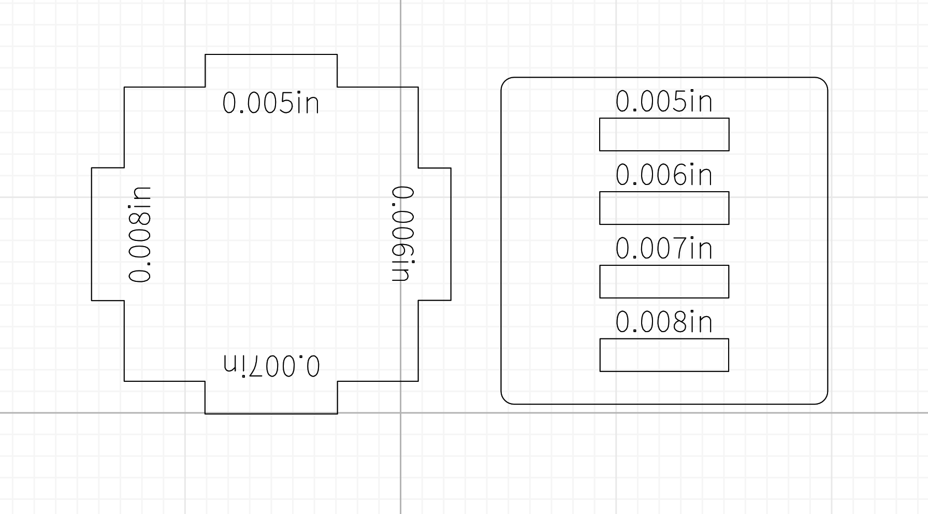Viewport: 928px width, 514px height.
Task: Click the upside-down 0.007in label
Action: pyautogui.click(x=271, y=365)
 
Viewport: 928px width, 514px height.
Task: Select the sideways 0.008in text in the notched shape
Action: pyautogui.click(x=140, y=234)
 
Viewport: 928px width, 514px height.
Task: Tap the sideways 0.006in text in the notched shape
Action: pyautogui.click(x=403, y=234)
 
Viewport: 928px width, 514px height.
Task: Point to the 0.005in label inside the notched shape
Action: pyautogui.click(x=271, y=103)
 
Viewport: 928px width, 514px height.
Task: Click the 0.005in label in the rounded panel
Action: pyautogui.click(x=664, y=102)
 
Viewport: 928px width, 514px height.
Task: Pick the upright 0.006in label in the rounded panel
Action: pyautogui.click(x=664, y=175)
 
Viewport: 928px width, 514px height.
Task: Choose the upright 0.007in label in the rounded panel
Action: pyautogui.click(x=664, y=249)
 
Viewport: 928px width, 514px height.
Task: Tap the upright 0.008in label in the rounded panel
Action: pyautogui.click(x=664, y=322)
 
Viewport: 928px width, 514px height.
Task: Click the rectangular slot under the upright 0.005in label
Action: pyautogui.click(x=664, y=135)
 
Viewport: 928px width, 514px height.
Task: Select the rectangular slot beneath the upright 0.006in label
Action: pyautogui.click(x=664, y=208)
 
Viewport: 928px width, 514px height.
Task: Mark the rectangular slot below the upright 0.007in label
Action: pyautogui.click(x=664, y=282)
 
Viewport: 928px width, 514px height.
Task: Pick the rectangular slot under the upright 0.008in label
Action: pyautogui.click(x=664, y=355)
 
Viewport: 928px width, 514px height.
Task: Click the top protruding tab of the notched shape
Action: pyautogui.click(x=271, y=70)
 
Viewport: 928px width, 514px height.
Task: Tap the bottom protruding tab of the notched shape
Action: pyautogui.click(x=271, y=397)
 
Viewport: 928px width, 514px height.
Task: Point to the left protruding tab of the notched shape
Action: pyautogui.click(x=108, y=234)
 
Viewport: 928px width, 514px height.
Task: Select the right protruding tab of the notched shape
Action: pyautogui.click(x=434, y=234)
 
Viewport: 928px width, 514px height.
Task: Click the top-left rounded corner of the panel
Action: pyautogui.click(x=505, y=81)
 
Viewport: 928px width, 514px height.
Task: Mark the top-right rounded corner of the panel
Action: pyautogui.click(x=823, y=81)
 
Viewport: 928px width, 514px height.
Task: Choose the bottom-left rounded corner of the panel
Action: pyautogui.click(x=505, y=399)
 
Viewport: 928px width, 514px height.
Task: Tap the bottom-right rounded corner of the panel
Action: pyautogui.click(x=823, y=399)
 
